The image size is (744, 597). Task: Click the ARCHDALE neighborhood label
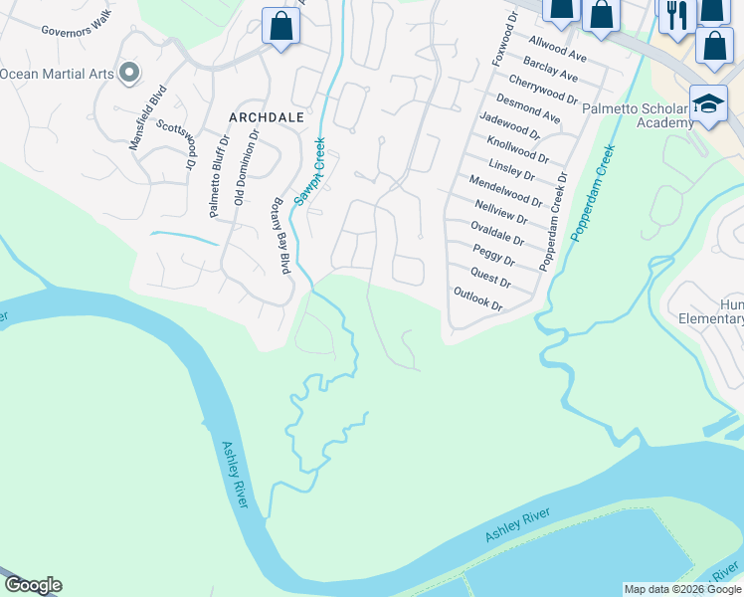266,116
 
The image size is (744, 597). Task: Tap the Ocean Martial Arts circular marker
128,73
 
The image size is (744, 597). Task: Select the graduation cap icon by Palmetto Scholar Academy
707,104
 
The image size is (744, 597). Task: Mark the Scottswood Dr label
176,144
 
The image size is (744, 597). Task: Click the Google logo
32,585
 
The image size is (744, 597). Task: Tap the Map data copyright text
681,589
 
